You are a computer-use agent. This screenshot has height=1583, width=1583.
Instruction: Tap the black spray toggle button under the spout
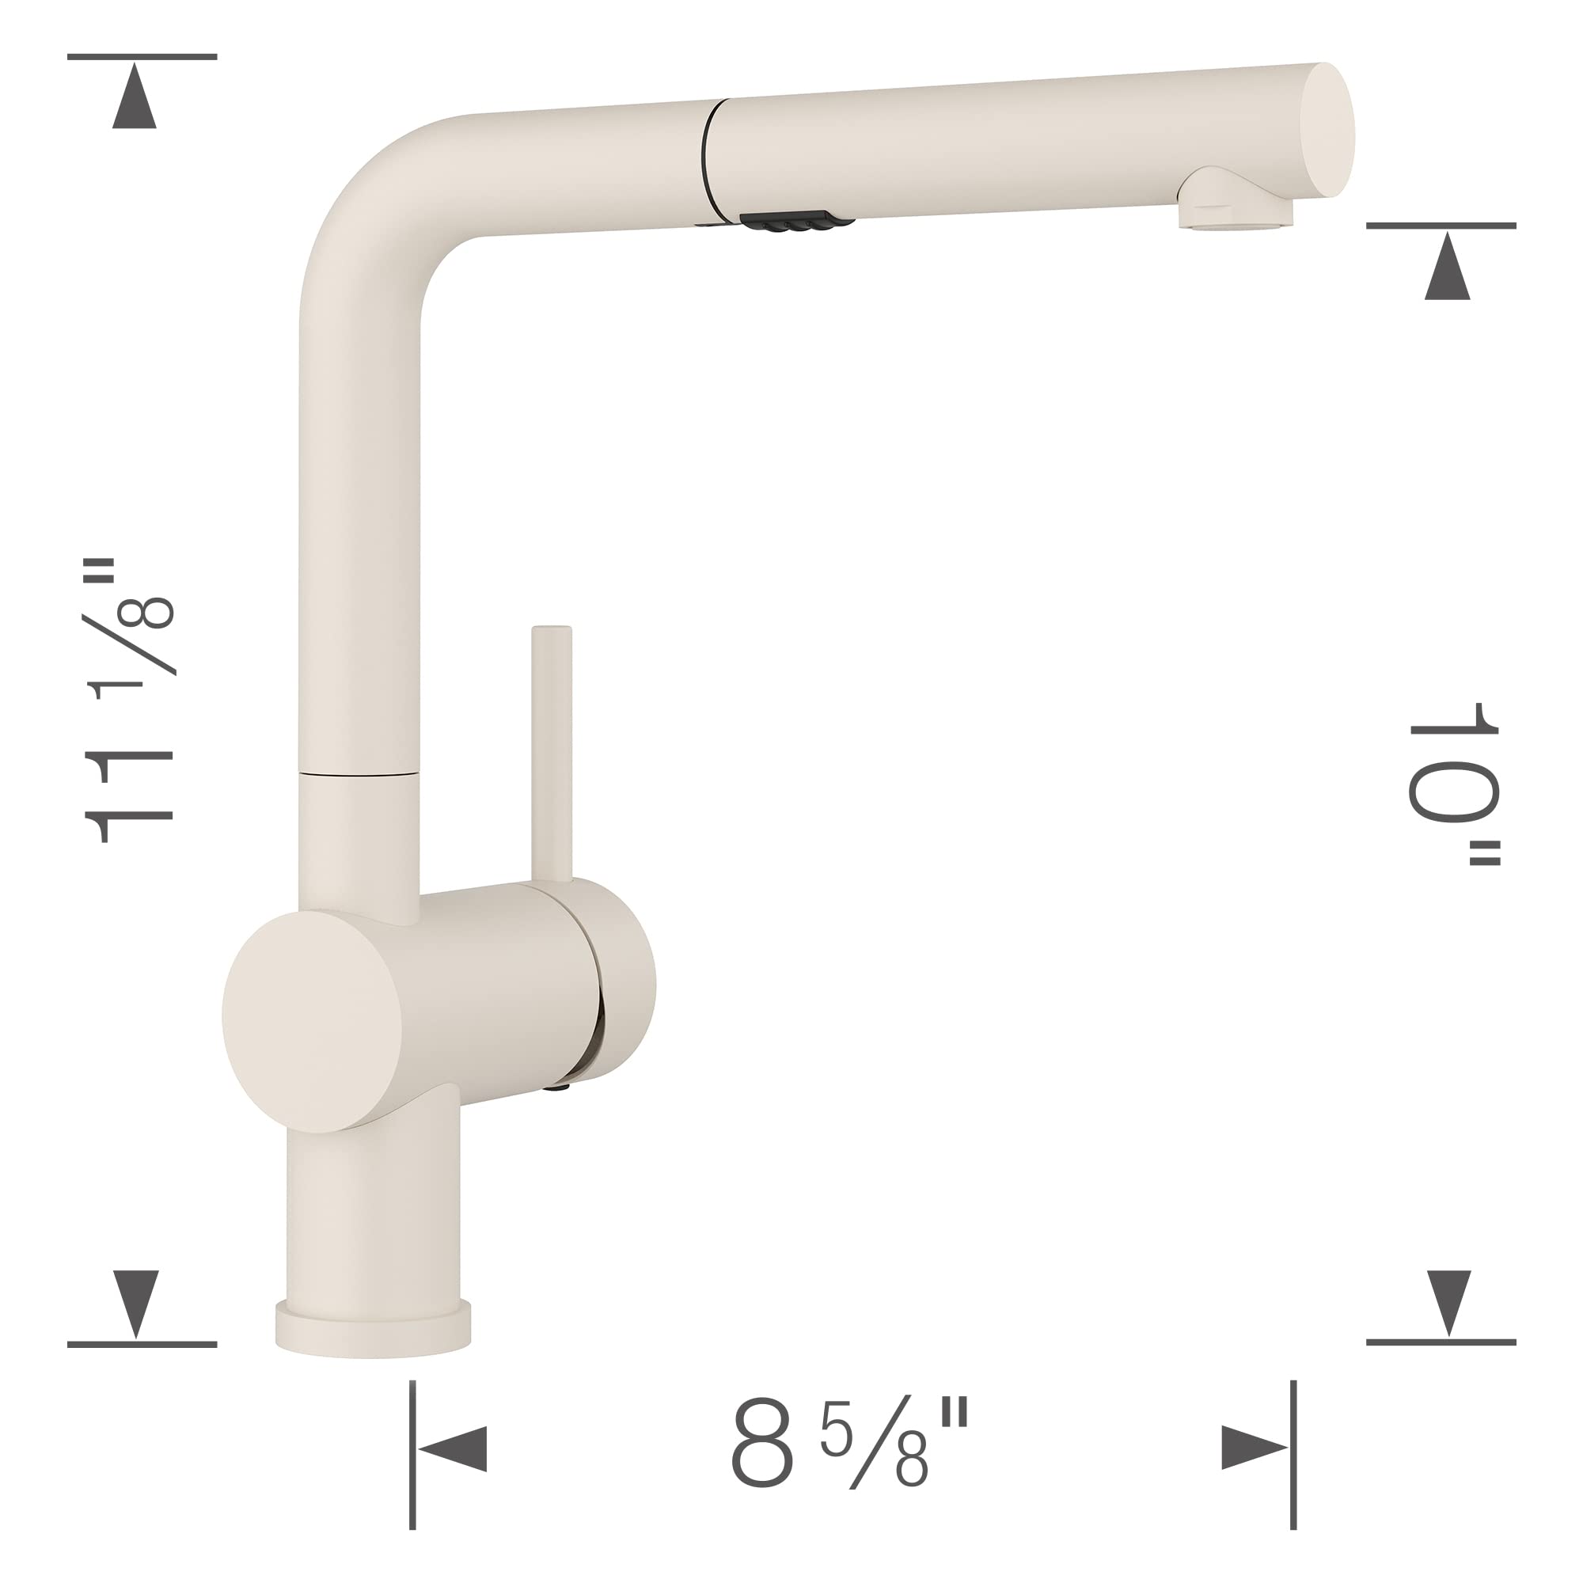click(x=791, y=222)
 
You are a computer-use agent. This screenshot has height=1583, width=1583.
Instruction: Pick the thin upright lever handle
click(x=552, y=754)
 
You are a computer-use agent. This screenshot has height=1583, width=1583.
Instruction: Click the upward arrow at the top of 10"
click(x=1447, y=266)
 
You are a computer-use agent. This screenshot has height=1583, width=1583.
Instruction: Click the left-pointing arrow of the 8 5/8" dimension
click(x=454, y=1448)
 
